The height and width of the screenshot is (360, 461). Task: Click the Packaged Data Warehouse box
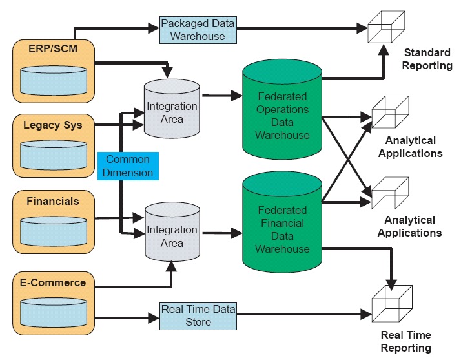click(198, 29)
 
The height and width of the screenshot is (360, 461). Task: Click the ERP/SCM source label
click(54, 49)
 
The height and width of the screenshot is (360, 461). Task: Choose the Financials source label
click(53, 201)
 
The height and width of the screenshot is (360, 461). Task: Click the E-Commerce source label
click(53, 282)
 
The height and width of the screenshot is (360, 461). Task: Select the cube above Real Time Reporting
click(389, 304)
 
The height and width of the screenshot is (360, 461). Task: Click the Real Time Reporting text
click(406, 341)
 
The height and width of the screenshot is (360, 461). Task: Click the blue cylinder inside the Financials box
click(54, 229)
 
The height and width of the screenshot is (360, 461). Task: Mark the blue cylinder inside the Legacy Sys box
click(54, 153)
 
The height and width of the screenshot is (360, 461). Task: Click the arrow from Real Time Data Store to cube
click(297, 315)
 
